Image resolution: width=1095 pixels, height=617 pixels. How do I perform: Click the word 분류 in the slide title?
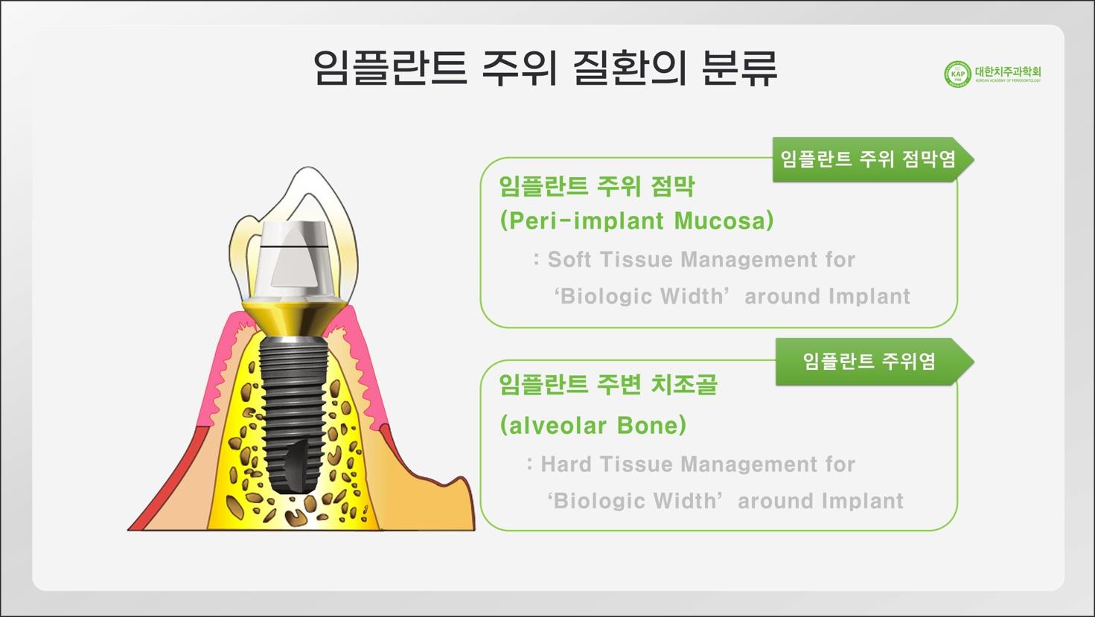[739, 68]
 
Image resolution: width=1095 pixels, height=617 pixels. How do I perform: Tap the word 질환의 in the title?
[630, 68]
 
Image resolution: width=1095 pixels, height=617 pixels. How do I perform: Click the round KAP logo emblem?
[957, 74]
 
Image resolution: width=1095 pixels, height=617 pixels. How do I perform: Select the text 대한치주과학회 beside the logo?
[1008, 71]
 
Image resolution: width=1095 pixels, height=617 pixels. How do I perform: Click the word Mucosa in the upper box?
[724, 220]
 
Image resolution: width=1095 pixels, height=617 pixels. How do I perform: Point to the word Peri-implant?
[582, 220]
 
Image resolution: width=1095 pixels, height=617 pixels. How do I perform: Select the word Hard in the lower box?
[566, 464]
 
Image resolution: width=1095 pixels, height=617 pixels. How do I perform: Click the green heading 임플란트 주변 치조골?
[608, 384]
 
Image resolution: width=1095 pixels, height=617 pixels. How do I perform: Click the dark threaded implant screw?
[293, 413]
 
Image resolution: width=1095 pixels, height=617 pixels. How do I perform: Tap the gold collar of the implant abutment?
[293, 318]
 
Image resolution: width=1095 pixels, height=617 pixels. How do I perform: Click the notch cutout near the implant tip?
[297, 463]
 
